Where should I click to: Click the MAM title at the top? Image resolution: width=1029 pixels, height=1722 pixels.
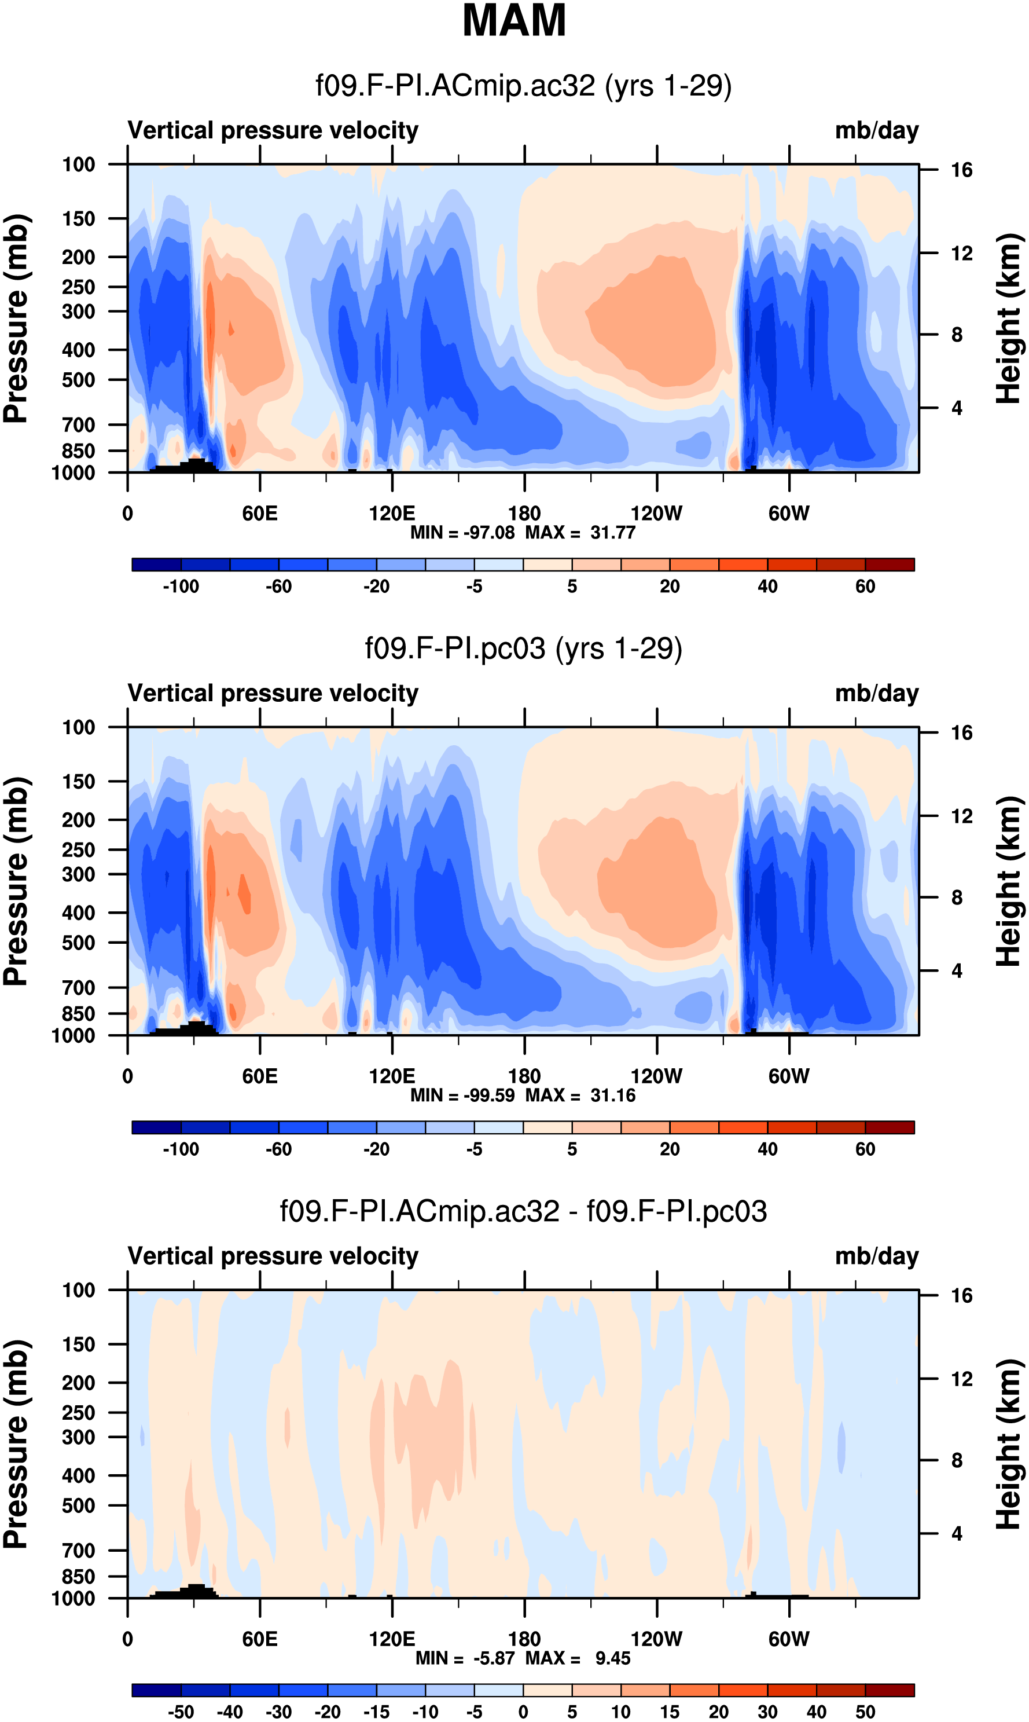point(514,20)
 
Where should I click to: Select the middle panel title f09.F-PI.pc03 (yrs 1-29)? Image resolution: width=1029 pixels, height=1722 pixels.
point(524,649)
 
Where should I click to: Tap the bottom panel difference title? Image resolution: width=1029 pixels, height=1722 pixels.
point(524,1211)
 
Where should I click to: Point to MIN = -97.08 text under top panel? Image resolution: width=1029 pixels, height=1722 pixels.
point(462,533)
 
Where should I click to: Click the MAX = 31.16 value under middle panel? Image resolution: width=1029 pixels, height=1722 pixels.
point(580,1095)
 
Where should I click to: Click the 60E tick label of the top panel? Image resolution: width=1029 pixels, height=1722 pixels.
point(260,514)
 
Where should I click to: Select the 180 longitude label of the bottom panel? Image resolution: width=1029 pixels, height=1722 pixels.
point(524,1639)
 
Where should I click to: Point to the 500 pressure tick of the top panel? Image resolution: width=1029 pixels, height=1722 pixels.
point(78,380)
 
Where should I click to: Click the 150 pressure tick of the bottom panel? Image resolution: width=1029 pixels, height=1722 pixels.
point(78,1344)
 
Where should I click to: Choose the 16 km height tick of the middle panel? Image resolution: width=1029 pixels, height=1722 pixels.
point(961,733)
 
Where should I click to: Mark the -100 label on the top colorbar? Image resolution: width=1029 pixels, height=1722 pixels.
point(181,587)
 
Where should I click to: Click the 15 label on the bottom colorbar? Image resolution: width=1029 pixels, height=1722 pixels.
point(670,1712)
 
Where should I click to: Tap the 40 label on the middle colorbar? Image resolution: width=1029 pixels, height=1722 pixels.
point(767,1149)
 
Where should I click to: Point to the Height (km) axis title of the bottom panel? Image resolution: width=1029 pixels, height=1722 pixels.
point(1009,1444)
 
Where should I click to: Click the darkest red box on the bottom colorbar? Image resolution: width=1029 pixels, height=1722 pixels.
point(890,1690)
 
